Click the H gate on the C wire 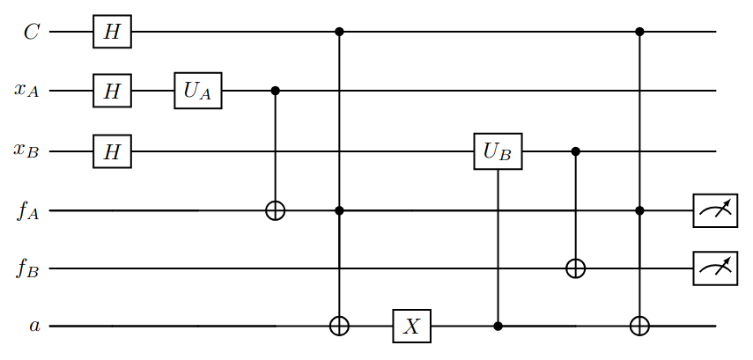click(x=112, y=33)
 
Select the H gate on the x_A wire click(x=112, y=91)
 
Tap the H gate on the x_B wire click(x=112, y=151)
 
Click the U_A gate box click(x=197, y=91)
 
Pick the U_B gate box click(x=498, y=151)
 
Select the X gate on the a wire click(x=410, y=327)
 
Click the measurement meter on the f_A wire click(x=714, y=211)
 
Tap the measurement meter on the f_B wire click(x=714, y=268)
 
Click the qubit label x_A click(x=26, y=92)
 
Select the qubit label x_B click(x=26, y=152)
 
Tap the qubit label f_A click(x=26, y=211)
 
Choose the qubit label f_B click(x=26, y=268)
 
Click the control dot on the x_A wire click(x=275, y=91)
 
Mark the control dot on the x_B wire click(x=576, y=151)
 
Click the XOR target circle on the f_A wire click(x=275, y=211)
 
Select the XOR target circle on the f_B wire click(x=576, y=268)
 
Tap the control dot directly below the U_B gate click(x=498, y=327)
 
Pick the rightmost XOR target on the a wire click(x=640, y=327)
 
